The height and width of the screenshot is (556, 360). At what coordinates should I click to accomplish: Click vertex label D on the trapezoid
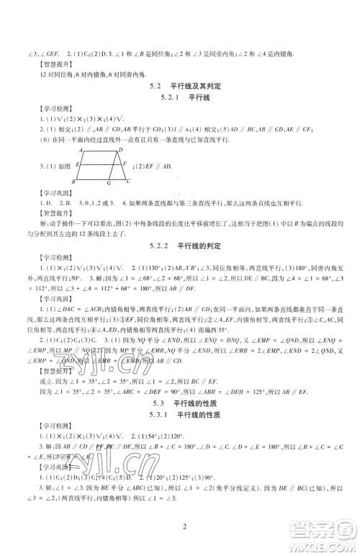120,149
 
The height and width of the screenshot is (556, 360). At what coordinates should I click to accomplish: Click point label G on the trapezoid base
107,183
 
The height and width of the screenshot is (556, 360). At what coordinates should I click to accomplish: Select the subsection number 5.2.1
165,97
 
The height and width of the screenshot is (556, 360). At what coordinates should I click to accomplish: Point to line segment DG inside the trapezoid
113,166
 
